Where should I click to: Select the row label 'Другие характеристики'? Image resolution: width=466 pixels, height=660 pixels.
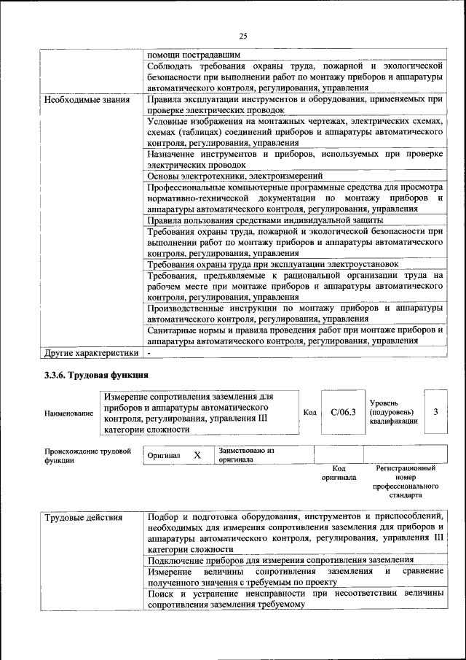pyautogui.click(x=91, y=354)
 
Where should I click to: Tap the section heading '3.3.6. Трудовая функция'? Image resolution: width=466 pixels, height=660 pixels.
pyautogui.click(x=95, y=376)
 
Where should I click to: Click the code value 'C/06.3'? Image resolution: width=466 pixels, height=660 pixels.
pyautogui.click(x=342, y=413)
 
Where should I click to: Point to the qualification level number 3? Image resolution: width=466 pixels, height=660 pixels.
pyautogui.click(x=435, y=412)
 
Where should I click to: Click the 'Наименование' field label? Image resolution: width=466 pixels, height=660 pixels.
pyautogui.click(x=68, y=414)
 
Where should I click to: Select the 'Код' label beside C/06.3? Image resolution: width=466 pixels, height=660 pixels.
pyautogui.click(x=309, y=413)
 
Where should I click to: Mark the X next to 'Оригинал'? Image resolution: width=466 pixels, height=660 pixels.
pyautogui.click(x=197, y=455)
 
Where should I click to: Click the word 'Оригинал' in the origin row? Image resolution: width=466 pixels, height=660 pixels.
pyautogui.click(x=164, y=455)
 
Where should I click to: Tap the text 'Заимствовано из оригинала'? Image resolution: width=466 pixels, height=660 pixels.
pyautogui.click(x=246, y=455)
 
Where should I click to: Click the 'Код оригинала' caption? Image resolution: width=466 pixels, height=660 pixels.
pyautogui.click(x=339, y=473)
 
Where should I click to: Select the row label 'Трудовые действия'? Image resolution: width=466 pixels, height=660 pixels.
pyautogui.click(x=84, y=519)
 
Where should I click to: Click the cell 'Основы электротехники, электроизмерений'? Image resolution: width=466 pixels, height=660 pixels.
pyautogui.click(x=235, y=176)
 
